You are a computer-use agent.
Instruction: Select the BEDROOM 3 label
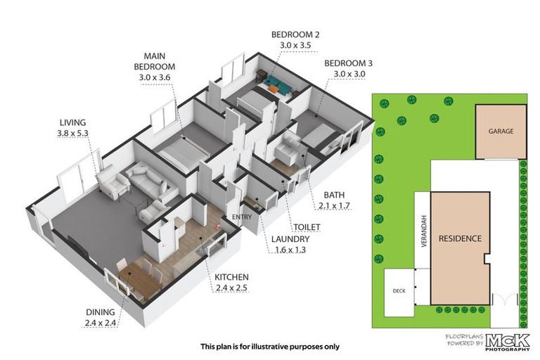click(348, 69)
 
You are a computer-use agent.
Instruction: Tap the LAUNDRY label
click(290, 243)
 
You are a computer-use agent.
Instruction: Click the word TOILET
click(307, 227)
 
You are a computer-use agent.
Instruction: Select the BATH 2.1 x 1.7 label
click(333, 200)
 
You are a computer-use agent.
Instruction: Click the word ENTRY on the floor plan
click(241, 217)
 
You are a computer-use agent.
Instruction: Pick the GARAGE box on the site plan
click(501, 131)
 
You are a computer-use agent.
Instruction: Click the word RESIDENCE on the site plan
click(461, 239)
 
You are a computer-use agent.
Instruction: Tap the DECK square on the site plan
click(399, 289)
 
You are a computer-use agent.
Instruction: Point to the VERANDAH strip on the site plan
click(422, 229)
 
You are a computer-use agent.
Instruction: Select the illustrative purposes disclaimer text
click(269, 346)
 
